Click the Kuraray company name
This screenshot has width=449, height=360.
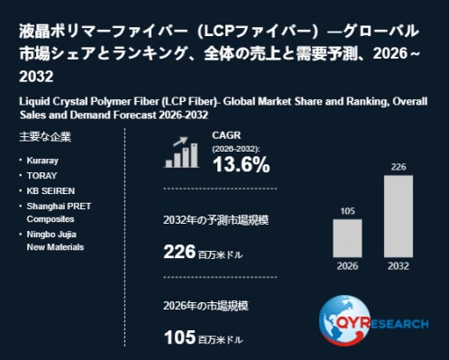point(42,161)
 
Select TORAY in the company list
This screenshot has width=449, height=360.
point(41,176)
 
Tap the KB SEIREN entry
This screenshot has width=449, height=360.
point(50,191)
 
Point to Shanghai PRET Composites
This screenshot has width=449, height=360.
point(59,213)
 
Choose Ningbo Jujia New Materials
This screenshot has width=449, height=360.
point(55,241)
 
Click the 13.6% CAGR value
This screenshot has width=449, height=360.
point(242,165)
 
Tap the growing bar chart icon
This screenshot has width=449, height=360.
point(181,152)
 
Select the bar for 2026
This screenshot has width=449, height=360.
point(347,238)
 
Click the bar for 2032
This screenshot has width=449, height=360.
point(399,217)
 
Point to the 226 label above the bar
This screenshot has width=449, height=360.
point(399,167)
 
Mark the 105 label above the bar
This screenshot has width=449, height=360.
point(347,211)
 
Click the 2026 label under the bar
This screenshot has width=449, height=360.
point(347,266)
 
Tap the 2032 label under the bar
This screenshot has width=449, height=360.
point(399,266)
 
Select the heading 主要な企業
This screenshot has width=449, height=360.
point(45,137)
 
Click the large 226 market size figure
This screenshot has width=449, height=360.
point(179,252)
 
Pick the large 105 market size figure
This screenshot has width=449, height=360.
point(180,337)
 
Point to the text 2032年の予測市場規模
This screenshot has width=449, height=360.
point(216,220)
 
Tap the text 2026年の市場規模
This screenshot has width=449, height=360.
point(206,306)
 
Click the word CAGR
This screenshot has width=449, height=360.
point(226,135)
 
